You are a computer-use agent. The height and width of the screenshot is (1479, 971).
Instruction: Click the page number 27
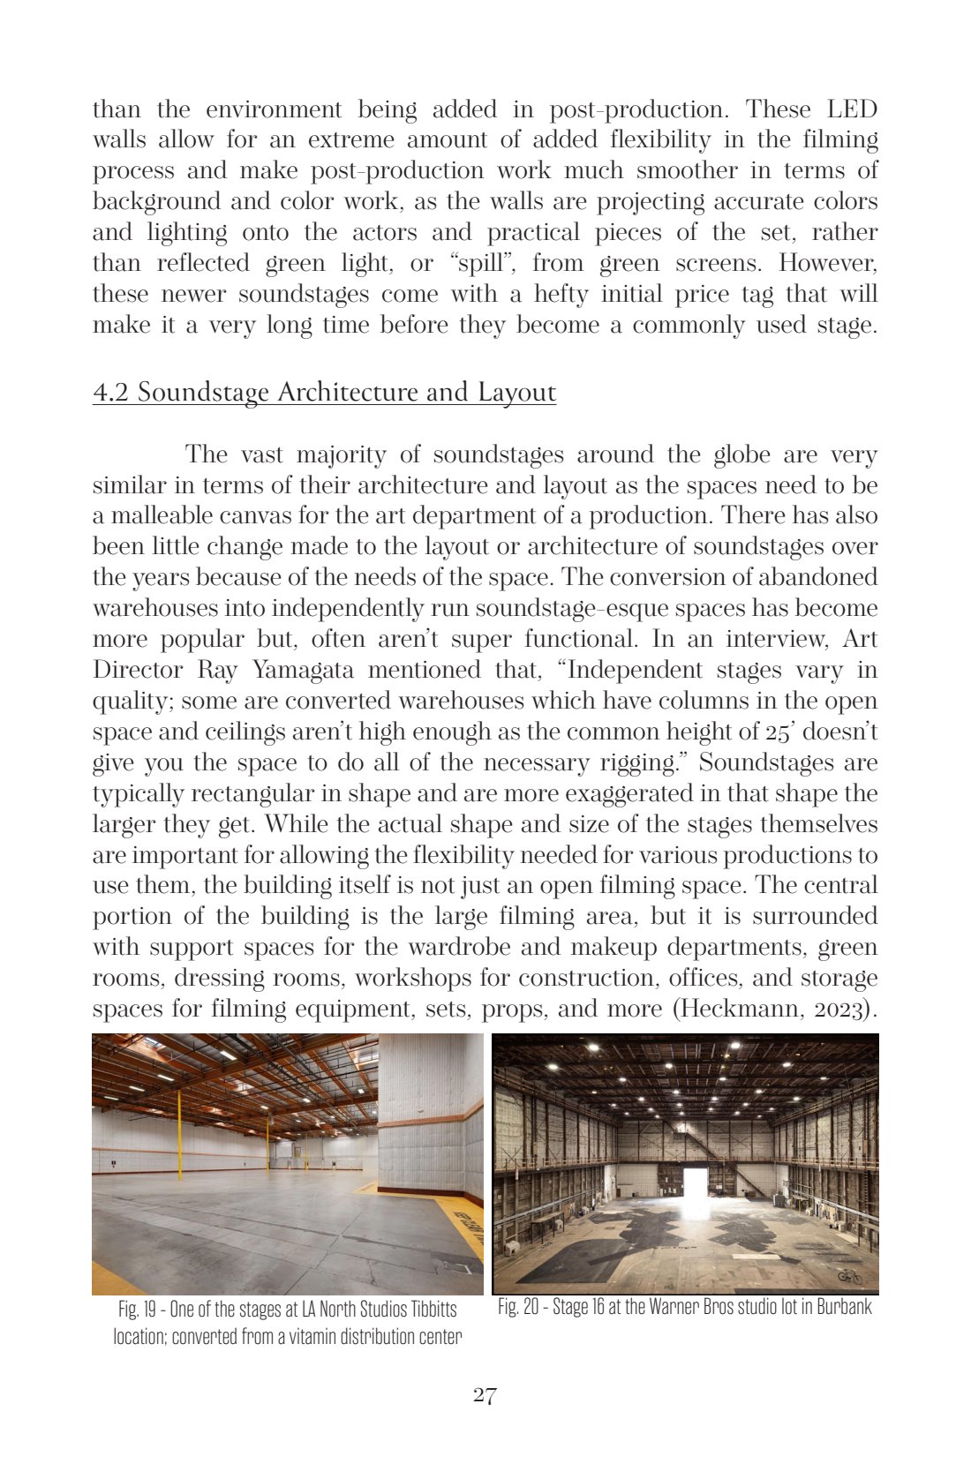[485, 1395]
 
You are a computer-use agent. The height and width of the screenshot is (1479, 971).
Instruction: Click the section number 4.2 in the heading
[111, 393]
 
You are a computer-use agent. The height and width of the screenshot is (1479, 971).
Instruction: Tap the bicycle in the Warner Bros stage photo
[849, 1276]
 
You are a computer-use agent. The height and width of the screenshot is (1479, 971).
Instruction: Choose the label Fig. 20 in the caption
[518, 1307]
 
